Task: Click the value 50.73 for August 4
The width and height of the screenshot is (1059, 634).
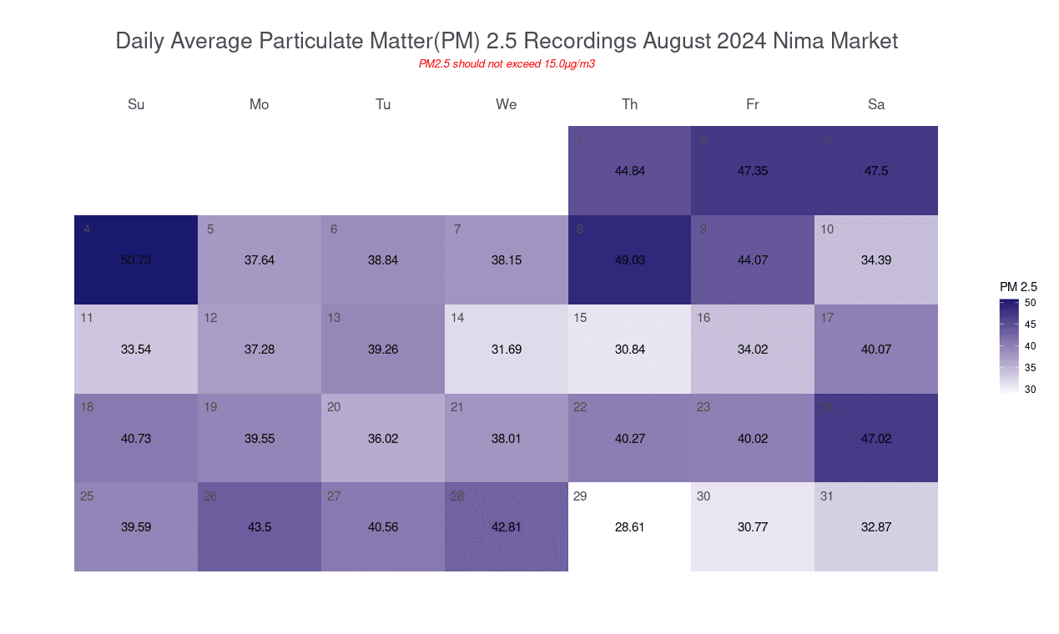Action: click(x=136, y=260)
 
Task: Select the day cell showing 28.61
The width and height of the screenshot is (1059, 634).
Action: click(x=629, y=527)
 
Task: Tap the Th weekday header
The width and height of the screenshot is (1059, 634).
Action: click(x=629, y=104)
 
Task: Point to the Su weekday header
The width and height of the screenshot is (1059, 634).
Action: click(x=136, y=104)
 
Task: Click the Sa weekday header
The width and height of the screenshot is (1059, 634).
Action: click(x=876, y=104)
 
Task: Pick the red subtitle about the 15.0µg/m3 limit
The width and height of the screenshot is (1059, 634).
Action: click(x=507, y=63)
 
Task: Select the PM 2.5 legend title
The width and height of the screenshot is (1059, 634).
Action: click(x=1018, y=287)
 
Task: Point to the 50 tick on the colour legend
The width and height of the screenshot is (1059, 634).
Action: click(x=1031, y=303)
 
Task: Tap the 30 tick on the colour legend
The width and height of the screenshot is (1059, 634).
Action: click(x=1031, y=389)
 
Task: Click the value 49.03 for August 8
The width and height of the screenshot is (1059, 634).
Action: click(x=629, y=260)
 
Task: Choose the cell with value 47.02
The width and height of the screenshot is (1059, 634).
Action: click(x=876, y=438)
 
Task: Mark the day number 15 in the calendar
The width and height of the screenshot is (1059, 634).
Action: click(x=581, y=318)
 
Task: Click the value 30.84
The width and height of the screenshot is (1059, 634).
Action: click(x=629, y=350)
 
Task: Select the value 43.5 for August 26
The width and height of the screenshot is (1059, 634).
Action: click(x=260, y=527)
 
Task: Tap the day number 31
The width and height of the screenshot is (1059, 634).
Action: click(x=827, y=496)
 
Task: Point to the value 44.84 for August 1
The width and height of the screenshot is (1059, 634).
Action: click(x=629, y=171)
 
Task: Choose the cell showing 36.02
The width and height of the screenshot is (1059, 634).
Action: click(x=383, y=438)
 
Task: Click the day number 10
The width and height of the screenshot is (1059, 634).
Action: click(x=827, y=229)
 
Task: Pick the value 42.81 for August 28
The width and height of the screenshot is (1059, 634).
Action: click(x=507, y=527)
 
